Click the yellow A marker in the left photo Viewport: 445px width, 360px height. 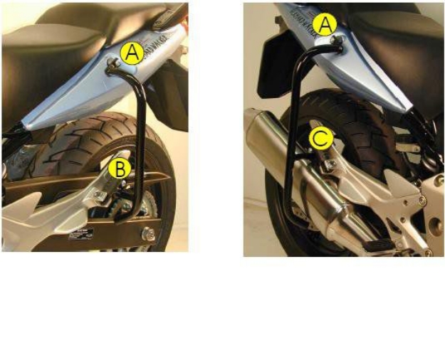[x=132, y=52]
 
